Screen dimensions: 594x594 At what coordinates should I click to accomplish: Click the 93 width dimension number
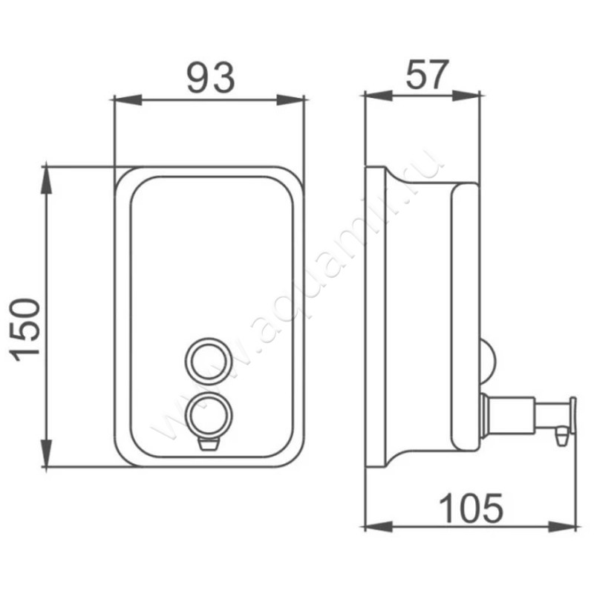[212, 79]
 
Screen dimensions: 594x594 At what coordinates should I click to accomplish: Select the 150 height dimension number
[26, 330]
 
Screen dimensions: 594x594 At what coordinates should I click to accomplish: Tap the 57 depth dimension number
[427, 74]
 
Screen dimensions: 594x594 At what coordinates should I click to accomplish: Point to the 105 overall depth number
[471, 508]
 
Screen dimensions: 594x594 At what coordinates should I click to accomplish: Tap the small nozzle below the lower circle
[209, 444]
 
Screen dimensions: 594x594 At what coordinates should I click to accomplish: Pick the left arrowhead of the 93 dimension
[128, 100]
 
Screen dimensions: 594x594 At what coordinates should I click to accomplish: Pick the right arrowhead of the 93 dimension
[290, 100]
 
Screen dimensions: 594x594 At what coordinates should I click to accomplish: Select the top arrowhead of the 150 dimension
[46, 180]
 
